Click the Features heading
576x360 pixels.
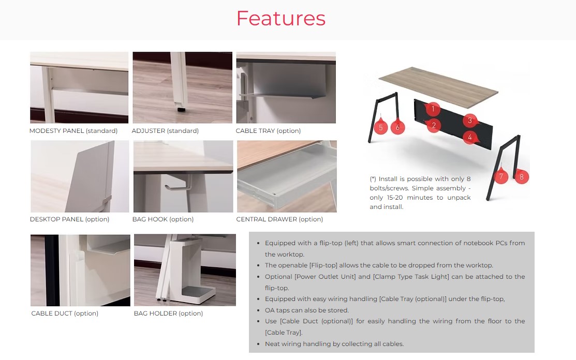tap(281, 18)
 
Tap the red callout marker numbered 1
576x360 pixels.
tap(433, 109)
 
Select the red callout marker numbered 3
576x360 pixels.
tap(469, 121)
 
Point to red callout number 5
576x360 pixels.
tap(380, 127)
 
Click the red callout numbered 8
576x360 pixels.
tap(521, 176)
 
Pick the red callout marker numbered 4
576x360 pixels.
tap(470, 137)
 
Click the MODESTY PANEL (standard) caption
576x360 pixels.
tap(73, 131)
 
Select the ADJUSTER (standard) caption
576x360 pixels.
tap(165, 131)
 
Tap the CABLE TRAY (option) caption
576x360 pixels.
tap(268, 131)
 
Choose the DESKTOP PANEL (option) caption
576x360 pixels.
tap(69, 219)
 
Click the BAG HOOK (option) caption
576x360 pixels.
tap(163, 219)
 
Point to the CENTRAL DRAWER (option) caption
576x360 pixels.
tap(279, 219)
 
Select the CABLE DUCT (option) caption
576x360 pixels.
tap(65, 313)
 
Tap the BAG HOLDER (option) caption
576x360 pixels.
tap(168, 313)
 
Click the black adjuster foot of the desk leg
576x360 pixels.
tap(181, 109)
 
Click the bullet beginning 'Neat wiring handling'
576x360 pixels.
tap(334, 344)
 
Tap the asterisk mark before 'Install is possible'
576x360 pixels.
tap(373, 179)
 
